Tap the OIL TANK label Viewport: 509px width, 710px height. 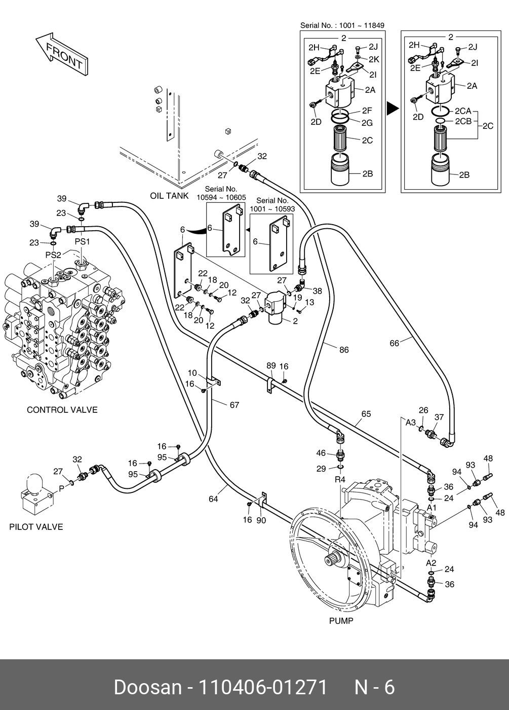coord(169,196)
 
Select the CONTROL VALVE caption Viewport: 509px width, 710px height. coord(62,410)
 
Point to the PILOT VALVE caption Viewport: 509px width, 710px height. coord(36,527)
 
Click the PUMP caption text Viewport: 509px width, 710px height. coord(341,620)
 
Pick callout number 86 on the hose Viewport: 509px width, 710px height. coord(344,350)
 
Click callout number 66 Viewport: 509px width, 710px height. coord(395,343)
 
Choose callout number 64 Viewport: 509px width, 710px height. coord(213,499)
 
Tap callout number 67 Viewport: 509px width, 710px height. coord(234,405)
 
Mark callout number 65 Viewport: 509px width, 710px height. coord(366,414)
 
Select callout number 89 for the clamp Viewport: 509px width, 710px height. coord(271,366)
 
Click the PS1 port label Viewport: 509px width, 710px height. coord(82,242)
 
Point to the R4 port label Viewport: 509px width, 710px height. coord(340,479)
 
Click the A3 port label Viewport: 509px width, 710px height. coord(411,422)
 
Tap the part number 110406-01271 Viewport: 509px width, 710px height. coord(263,687)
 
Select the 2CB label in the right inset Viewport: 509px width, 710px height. coord(463,121)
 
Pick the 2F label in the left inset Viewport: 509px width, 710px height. coord(367,111)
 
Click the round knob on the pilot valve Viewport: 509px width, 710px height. coord(35,482)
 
